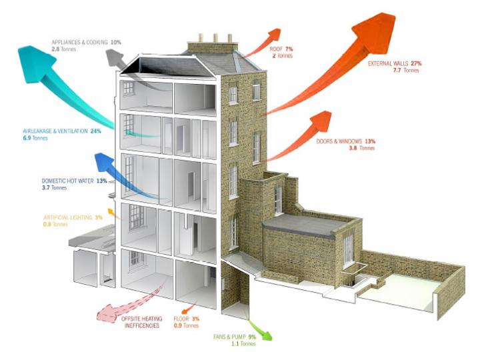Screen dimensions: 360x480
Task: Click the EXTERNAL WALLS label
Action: tap(390, 63)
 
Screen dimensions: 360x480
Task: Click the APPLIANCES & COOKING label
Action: tap(80, 42)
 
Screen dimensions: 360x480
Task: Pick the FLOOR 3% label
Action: tap(186, 319)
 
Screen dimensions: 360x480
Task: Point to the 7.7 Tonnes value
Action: tap(406, 70)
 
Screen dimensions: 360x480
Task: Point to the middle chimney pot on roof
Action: tap(215, 38)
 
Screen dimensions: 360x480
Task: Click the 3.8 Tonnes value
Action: tap(361, 148)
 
